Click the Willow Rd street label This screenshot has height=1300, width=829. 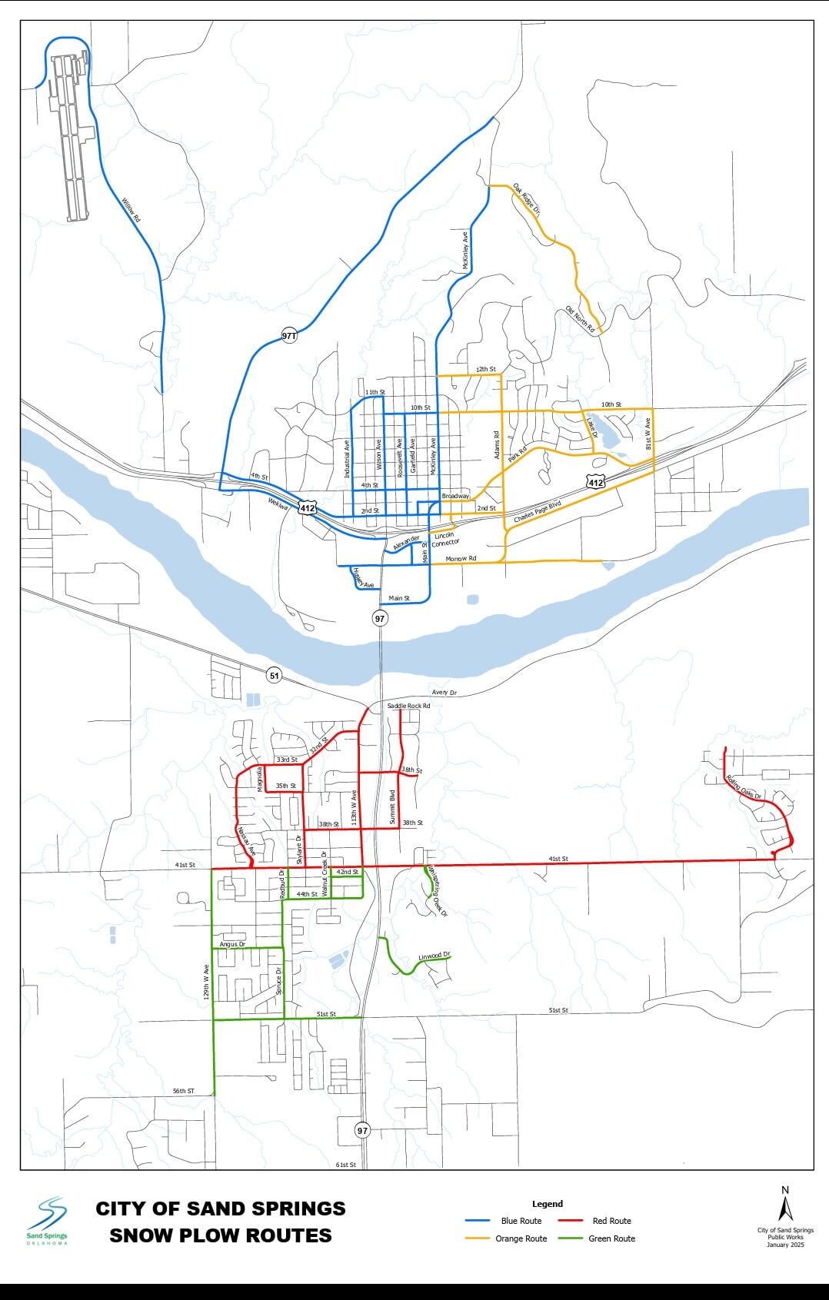[131, 210]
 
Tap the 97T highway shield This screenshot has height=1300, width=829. [289, 336]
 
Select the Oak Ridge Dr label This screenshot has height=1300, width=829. [527, 199]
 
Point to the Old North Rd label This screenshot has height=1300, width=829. [581, 319]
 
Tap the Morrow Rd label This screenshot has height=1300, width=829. [461, 558]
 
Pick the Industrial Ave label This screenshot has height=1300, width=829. [347, 460]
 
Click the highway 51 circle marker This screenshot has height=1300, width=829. [275, 676]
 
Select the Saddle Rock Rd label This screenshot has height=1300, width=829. [408, 706]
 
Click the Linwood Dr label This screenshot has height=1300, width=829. [434, 956]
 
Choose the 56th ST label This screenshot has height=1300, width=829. [183, 1091]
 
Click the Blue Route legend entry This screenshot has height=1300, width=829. [521, 1221]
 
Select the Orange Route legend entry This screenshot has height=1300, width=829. [521, 1238]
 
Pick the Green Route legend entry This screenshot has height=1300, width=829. [611, 1238]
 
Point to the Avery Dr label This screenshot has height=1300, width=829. [444, 693]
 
